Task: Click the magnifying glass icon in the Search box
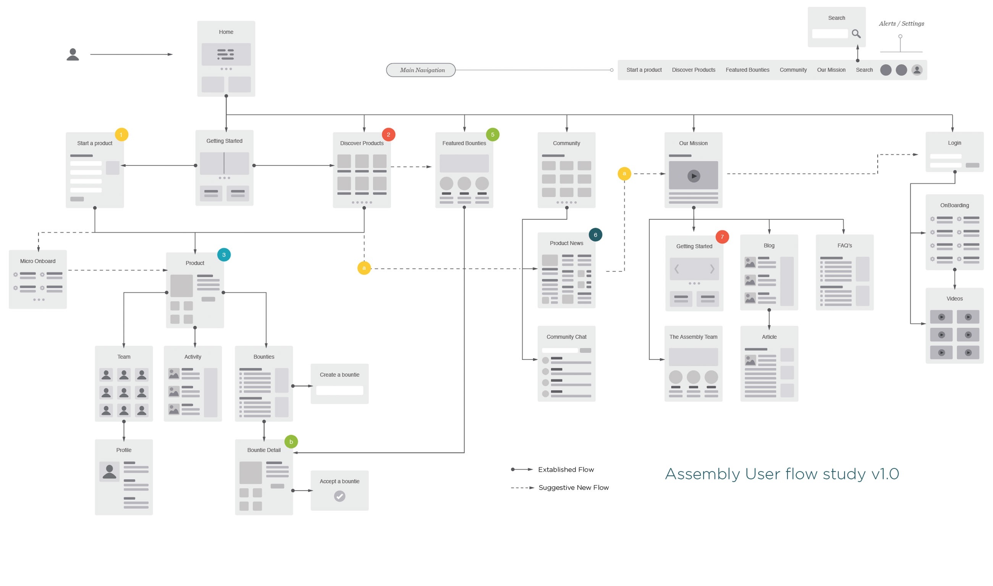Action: pos(856,34)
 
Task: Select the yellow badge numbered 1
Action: pos(121,134)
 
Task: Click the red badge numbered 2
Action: pos(388,134)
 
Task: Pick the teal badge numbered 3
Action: pos(224,255)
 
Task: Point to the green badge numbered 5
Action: pos(493,134)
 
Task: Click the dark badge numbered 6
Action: pos(595,235)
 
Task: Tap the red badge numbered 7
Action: pos(722,237)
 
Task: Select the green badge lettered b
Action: pos(291,442)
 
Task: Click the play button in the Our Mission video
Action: pos(694,176)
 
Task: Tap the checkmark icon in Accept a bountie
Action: pos(340,496)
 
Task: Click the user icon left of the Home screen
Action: pos(73,55)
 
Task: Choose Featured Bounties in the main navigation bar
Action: pos(747,70)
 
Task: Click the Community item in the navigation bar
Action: pos(793,70)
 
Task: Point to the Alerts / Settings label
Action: pos(901,24)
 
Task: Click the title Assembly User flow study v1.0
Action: pos(782,473)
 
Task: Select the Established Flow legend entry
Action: pos(566,469)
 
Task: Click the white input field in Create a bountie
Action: pos(340,390)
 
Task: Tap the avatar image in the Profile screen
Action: pos(109,471)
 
